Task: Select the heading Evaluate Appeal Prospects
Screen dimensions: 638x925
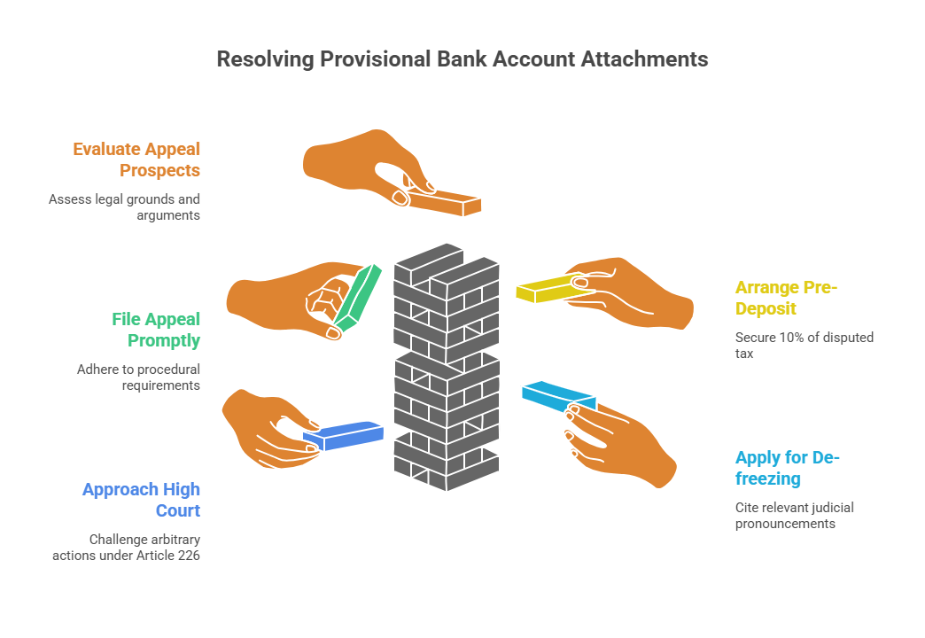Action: click(136, 159)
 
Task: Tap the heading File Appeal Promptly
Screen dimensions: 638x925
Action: click(156, 330)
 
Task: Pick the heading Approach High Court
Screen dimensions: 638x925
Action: click(141, 500)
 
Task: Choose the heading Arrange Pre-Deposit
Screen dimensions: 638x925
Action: click(786, 298)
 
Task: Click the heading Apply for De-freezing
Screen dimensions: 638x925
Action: click(787, 468)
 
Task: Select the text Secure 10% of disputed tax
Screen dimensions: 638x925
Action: click(804, 346)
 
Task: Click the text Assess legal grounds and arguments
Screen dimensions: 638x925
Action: click(124, 207)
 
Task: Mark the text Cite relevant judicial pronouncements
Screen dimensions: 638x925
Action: click(794, 516)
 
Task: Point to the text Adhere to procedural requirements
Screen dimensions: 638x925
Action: click(138, 377)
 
